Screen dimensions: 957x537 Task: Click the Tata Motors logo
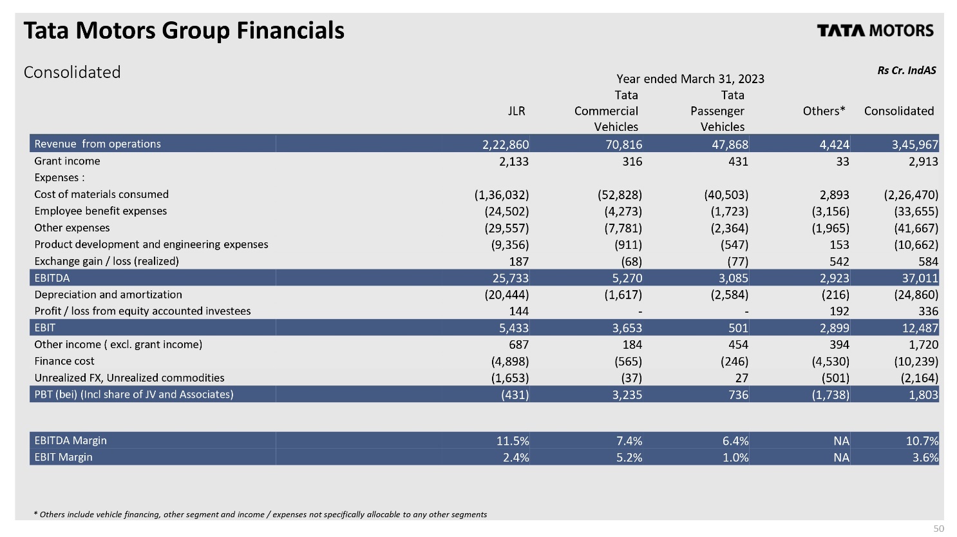875,30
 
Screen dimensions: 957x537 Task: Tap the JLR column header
516,111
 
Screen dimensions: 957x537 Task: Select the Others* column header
824,111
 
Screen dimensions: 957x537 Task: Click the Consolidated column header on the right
899,111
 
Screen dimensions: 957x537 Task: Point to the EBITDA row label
52,278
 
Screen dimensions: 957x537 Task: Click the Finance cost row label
64,361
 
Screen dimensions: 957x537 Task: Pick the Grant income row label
67,161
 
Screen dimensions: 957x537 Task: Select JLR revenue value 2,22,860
506,144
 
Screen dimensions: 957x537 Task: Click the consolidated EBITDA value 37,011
920,278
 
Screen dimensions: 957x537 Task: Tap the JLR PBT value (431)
515,395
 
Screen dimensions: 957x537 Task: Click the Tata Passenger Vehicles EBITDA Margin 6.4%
735,441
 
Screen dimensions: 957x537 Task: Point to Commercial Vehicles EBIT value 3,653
627,328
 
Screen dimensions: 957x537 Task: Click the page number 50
938,529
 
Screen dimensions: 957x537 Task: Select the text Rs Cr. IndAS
907,70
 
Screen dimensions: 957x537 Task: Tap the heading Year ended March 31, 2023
690,79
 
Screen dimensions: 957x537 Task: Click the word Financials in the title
290,30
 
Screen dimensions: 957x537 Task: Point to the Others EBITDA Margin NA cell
841,441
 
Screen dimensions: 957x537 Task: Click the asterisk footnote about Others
260,514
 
